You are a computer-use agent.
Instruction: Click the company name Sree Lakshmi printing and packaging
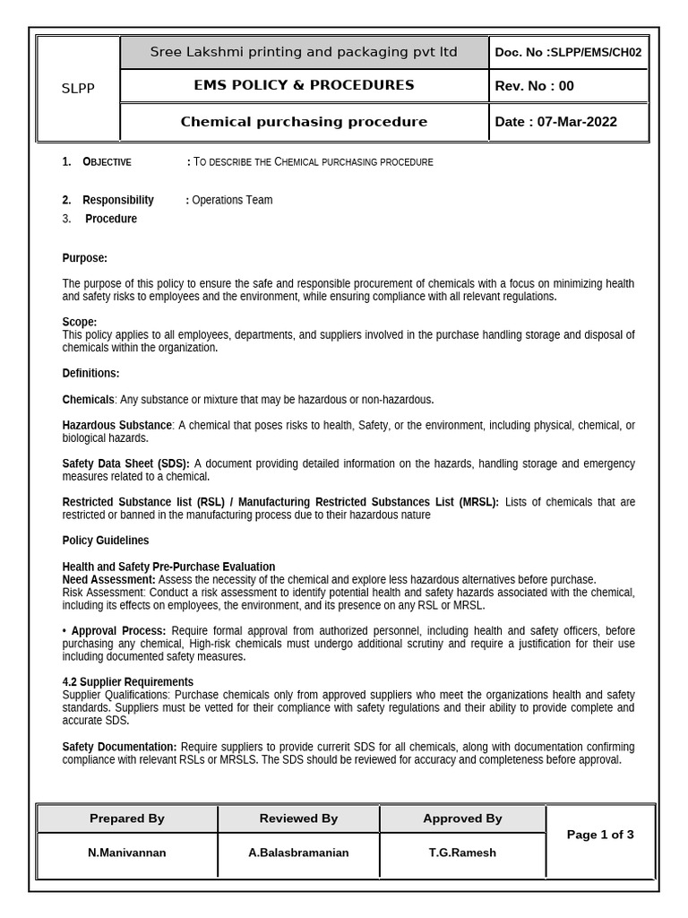point(303,52)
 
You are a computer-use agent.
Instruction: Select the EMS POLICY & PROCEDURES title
point(303,85)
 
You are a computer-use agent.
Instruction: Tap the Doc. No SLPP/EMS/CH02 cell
point(568,52)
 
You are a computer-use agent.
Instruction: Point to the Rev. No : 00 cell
point(535,86)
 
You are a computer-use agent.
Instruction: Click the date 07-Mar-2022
point(577,122)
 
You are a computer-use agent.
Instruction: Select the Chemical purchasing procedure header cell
point(304,122)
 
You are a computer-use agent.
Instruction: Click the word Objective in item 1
point(107,162)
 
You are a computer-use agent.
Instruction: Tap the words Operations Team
point(232,200)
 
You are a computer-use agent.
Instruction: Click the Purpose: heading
point(84,258)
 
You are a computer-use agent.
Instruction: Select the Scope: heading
point(80,322)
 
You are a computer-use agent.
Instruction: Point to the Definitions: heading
point(90,373)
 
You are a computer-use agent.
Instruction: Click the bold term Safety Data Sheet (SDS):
point(125,463)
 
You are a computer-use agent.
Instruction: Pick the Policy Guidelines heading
point(106,541)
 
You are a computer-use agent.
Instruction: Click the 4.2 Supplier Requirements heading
point(127,682)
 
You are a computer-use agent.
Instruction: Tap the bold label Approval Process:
point(118,631)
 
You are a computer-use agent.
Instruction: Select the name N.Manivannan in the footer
point(126,853)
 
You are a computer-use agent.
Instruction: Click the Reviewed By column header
point(298,818)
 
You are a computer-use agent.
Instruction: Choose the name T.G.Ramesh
point(462,853)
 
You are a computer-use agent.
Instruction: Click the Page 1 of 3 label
point(600,835)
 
